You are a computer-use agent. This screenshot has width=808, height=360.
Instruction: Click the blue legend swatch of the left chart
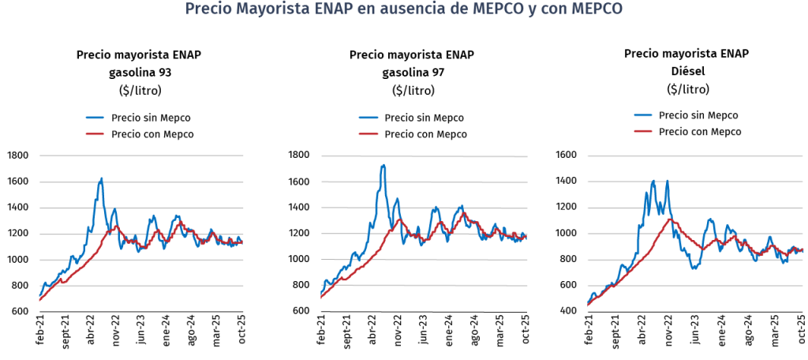[95, 118]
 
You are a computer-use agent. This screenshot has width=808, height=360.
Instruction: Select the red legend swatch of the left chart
[95, 133]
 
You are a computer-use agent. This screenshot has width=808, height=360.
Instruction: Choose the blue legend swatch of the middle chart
[368, 118]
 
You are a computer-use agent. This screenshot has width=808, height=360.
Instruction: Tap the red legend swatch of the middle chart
[368, 133]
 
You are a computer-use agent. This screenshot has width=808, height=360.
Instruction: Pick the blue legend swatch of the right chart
[643, 115]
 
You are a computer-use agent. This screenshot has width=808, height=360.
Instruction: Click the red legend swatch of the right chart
[643, 130]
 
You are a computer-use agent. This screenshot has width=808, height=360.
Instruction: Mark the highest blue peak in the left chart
[101, 178]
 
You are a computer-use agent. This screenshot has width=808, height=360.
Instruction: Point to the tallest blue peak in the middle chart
[383, 166]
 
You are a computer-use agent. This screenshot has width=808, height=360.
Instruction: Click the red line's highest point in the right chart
[671, 218]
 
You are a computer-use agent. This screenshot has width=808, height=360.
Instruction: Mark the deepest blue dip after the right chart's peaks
[694, 268]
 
